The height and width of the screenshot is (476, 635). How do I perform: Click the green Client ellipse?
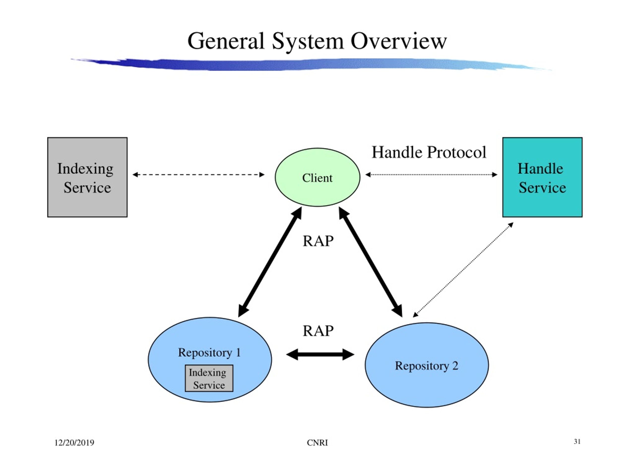[317, 177]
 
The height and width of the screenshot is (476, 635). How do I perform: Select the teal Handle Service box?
[542, 177]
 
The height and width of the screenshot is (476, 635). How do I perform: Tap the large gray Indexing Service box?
[87, 177]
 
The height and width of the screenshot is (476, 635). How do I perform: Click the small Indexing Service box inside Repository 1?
[209, 378]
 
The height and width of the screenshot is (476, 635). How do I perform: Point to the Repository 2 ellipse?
[427, 365]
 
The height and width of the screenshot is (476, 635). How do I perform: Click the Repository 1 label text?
[209, 353]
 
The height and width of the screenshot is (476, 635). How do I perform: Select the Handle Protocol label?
[429, 152]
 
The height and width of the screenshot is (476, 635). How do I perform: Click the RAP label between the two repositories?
[318, 331]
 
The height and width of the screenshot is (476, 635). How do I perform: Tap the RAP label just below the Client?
[318, 241]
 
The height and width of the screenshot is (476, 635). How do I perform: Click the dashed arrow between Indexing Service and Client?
[198, 175]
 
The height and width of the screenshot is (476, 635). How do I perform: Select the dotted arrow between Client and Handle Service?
[431, 175]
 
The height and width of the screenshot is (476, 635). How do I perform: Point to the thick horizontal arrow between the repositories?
[320, 354]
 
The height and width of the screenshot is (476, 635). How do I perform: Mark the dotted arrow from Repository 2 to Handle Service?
[463, 270]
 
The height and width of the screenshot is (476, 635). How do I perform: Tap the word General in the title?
[226, 41]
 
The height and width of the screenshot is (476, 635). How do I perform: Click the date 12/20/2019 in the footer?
[74, 443]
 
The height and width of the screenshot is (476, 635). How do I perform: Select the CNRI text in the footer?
[317, 443]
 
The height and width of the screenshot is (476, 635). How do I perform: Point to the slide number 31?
[577, 442]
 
